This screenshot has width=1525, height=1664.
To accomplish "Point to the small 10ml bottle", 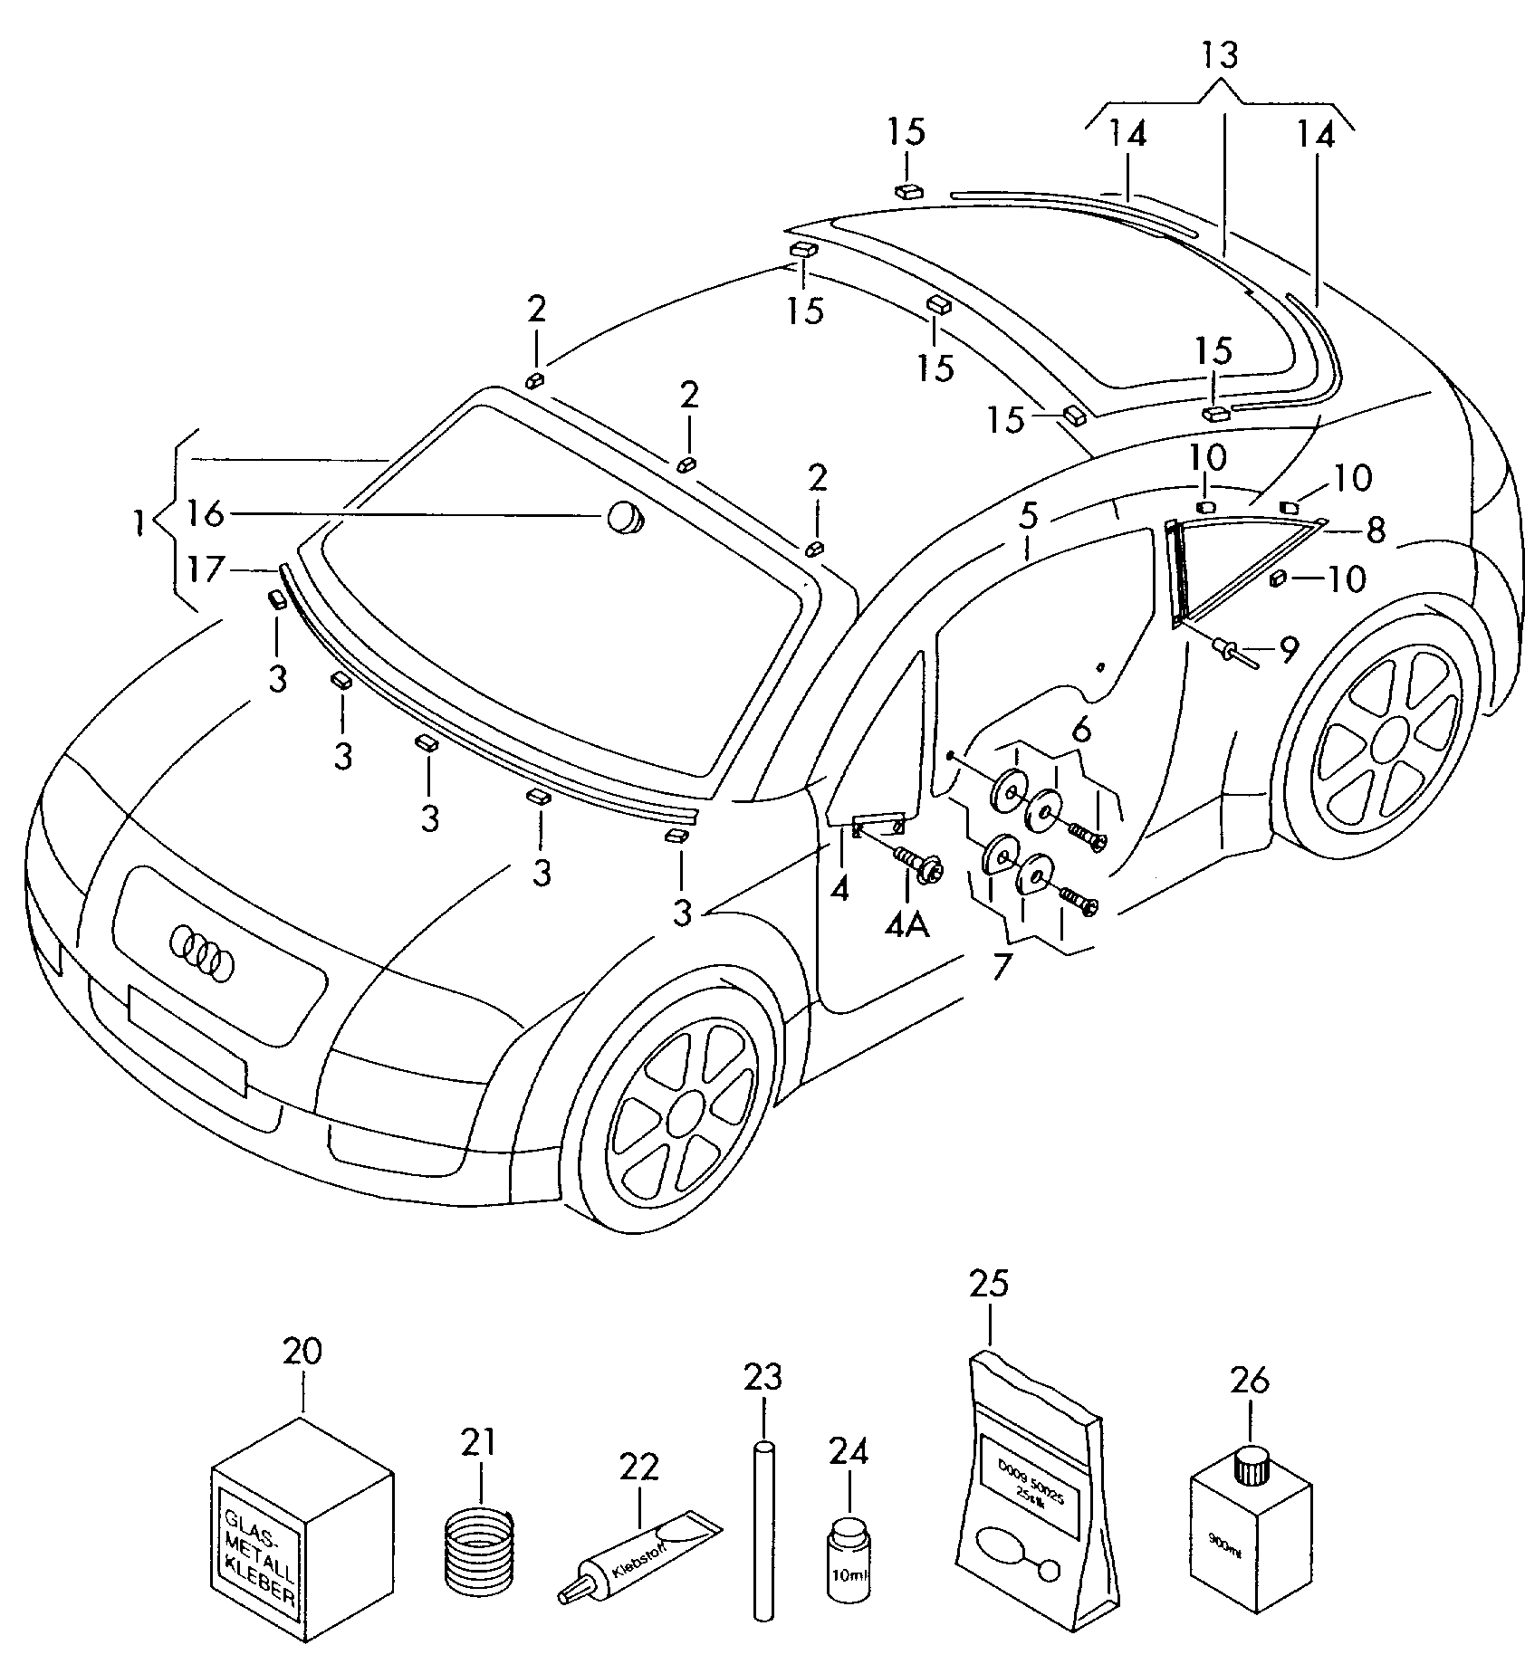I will [849, 1558].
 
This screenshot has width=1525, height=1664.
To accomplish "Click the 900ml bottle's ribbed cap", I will [1251, 1465].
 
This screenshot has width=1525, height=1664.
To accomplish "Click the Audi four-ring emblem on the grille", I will [201, 951].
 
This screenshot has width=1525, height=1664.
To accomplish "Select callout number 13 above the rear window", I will [1219, 56].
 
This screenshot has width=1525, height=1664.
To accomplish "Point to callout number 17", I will [206, 569].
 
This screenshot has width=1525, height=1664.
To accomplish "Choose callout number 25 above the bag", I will [989, 1284].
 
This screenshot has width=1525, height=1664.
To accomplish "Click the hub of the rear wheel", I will [1386, 744].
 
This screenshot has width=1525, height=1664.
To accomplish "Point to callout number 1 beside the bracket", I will [138, 522].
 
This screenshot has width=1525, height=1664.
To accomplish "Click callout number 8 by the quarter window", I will [1376, 530].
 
